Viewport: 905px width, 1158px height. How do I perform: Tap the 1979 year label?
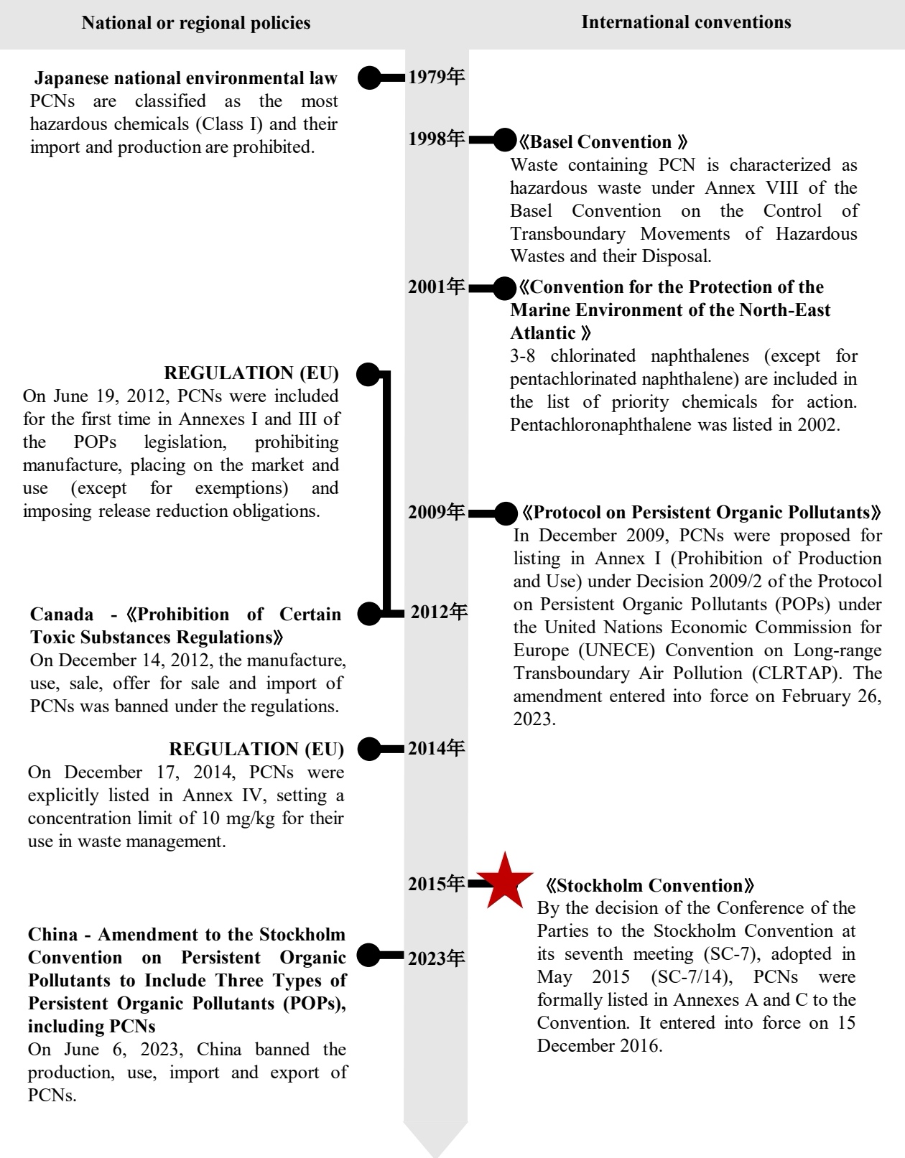pos(437,77)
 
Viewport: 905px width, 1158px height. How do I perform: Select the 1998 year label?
pos(437,139)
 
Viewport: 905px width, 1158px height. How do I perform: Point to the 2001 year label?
pos(437,287)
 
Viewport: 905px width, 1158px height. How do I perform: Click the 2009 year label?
pos(437,513)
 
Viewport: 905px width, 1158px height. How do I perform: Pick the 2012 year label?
pos(439,612)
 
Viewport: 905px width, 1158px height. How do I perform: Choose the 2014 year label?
pos(437,749)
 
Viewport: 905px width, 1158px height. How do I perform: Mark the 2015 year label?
pos(437,884)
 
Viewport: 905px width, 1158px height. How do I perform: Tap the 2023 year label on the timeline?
pos(437,958)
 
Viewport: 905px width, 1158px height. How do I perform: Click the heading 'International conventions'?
pos(686,22)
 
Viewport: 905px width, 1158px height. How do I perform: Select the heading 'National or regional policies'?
pos(196,23)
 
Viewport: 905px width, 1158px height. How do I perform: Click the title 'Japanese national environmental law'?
pos(185,78)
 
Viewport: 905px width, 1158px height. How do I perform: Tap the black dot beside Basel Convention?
pos(506,140)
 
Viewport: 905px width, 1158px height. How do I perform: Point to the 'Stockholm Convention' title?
pos(649,886)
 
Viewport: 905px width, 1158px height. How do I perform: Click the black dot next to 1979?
pos(369,78)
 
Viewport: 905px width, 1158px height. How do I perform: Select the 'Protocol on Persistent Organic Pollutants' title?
pos(701,513)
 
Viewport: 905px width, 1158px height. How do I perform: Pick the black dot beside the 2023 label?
pos(369,956)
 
